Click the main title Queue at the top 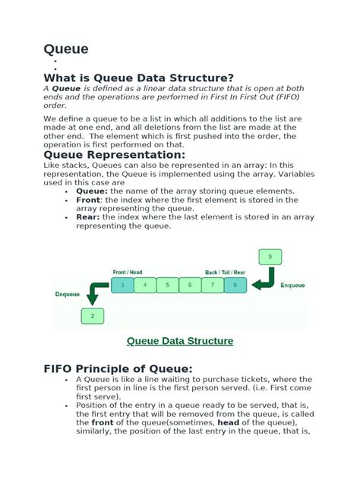tap(66, 49)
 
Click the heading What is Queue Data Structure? tap(138, 77)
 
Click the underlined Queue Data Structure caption tap(179, 341)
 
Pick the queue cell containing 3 tap(122, 286)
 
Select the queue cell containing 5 tap(167, 286)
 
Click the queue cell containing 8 tap(235, 286)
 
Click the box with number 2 tap(93, 315)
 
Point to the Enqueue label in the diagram tap(293, 286)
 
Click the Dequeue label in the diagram tap(67, 293)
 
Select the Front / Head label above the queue tap(128, 272)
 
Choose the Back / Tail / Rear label tap(225, 272)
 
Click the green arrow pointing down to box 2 tap(96, 292)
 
